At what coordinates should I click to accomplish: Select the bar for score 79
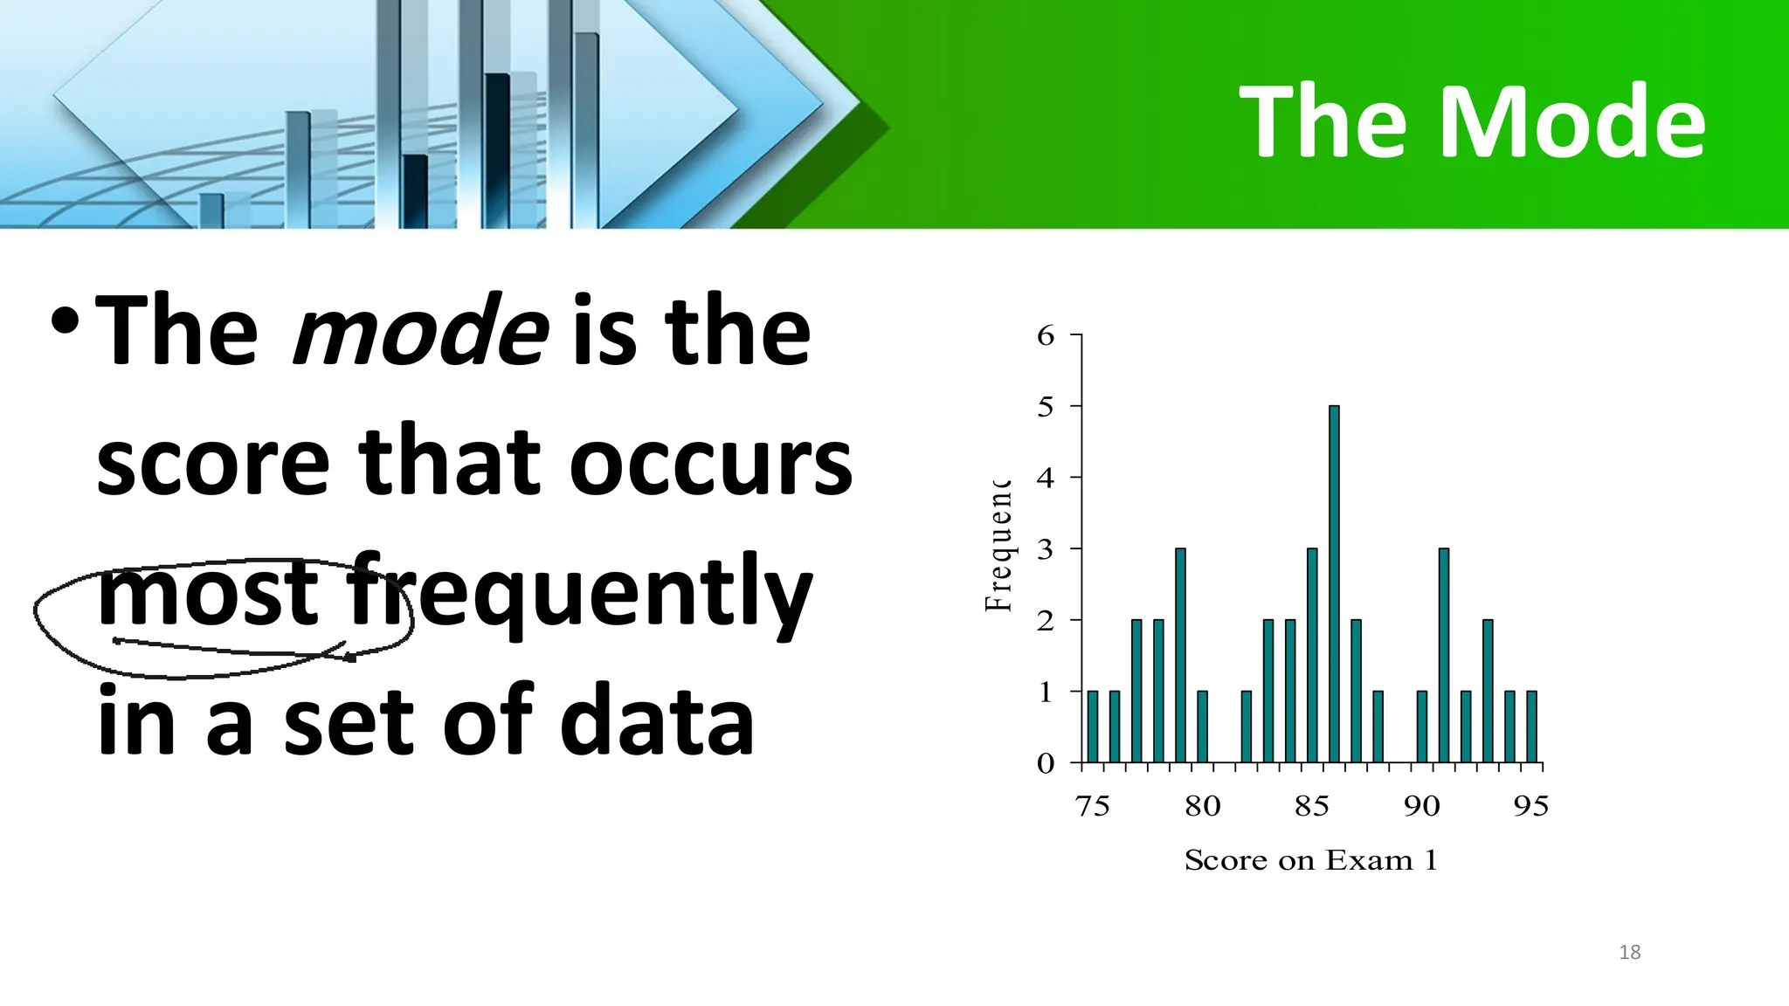(1180, 655)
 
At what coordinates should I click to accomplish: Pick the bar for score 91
(1444, 655)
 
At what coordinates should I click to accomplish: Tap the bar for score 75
(1093, 727)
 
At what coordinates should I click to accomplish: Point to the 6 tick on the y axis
(1046, 335)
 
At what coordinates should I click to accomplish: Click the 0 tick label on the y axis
(1046, 764)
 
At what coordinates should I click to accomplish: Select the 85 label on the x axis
(1311, 806)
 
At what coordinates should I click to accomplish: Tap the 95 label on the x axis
(1531, 806)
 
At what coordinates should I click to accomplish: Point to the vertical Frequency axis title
(998, 546)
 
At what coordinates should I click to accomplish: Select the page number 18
(1629, 953)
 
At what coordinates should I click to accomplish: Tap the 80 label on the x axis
(1202, 806)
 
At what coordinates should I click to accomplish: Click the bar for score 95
(1531, 727)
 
